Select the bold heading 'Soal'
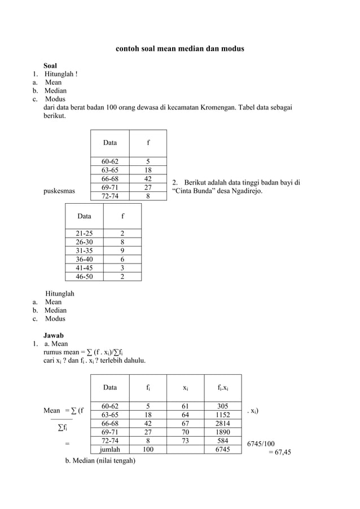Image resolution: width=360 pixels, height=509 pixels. click(x=50, y=65)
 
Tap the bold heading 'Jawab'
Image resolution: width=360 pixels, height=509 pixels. click(x=54, y=335)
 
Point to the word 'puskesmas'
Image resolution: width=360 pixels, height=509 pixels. click(x=59, y=191)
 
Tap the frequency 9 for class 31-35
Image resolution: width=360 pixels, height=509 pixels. click(x=122, y=251)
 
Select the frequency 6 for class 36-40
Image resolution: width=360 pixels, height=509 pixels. click(x=122, y=260)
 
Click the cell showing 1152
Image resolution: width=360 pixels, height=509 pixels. click(x=222, y=415)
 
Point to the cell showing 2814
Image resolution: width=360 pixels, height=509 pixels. click(x=222, y=423)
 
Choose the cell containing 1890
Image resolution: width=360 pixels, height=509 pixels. click(x=222, y=432)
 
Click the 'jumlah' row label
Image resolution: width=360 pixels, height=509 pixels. click(x=109, y=449)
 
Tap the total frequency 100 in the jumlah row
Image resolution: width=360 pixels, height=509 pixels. click(x=147, y=449)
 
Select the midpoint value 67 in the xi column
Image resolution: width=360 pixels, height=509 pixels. click(x=185, y=423)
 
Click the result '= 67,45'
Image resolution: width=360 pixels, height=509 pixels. click(x=279, y=452)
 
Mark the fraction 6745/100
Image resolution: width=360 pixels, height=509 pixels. click(x=261, y=444)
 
